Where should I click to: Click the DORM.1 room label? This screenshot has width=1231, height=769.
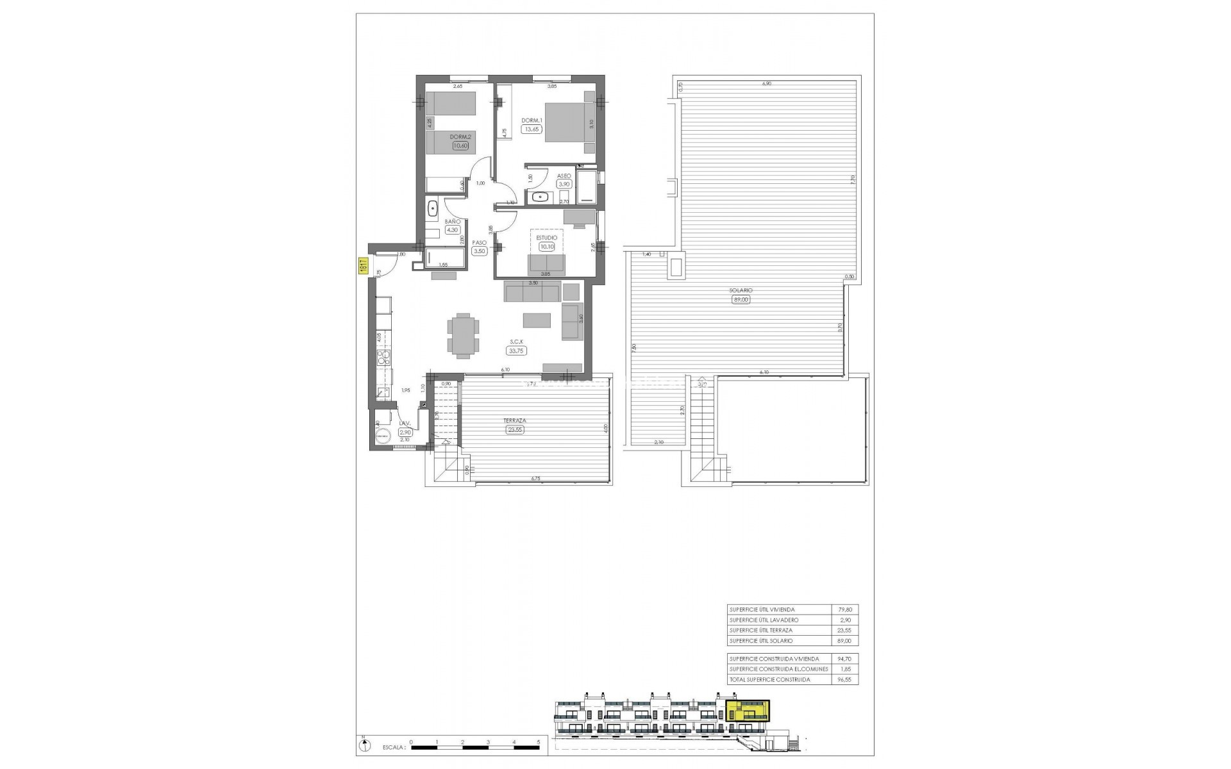coord(532,120)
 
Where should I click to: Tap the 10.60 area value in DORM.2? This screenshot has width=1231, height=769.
coord(460,145)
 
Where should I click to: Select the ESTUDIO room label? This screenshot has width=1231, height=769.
coord(546,238)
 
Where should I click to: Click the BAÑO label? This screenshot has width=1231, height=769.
coord(453,222)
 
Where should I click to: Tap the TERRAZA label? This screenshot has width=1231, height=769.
coord(515,421)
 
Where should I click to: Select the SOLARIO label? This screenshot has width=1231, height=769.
coord(741,290)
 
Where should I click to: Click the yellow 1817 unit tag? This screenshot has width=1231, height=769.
coord(362,267)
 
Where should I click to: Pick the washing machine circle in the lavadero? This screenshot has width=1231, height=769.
coord(383,434)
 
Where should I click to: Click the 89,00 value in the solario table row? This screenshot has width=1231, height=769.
coord(846,641)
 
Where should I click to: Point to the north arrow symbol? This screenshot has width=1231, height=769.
coord(365,745)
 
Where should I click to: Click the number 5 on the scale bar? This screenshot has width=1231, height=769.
coord(539,742)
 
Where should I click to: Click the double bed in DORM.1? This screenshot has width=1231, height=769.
coord(565,127)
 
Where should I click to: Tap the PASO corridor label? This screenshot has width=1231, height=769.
coord(479,243)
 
